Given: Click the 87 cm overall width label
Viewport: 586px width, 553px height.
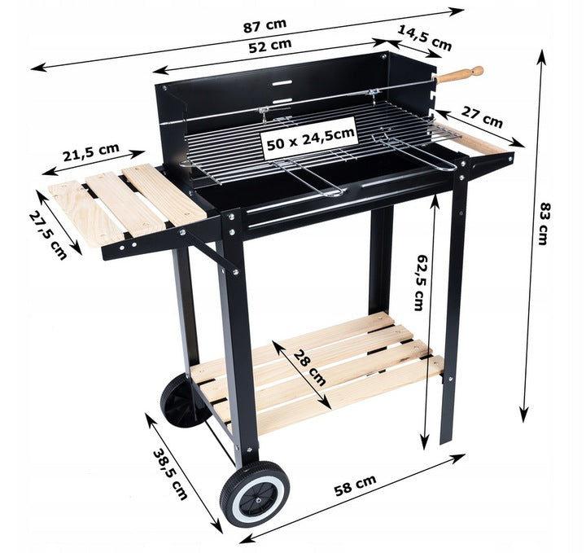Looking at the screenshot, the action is tap(265, 25).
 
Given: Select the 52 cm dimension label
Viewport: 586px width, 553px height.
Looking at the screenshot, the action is tap(270, 46).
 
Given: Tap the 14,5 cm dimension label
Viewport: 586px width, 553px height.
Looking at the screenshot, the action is tap(424, 37).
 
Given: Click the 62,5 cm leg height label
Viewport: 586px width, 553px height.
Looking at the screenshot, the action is tap(422, 283).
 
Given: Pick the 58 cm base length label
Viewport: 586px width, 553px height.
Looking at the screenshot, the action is tap(355, 485).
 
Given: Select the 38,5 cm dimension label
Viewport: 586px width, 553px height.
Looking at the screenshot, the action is tap(170, 475).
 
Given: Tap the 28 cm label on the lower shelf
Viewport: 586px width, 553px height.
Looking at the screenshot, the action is tap(309, 368).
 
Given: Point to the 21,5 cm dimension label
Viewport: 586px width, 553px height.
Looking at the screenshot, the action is tap(91, 152).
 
